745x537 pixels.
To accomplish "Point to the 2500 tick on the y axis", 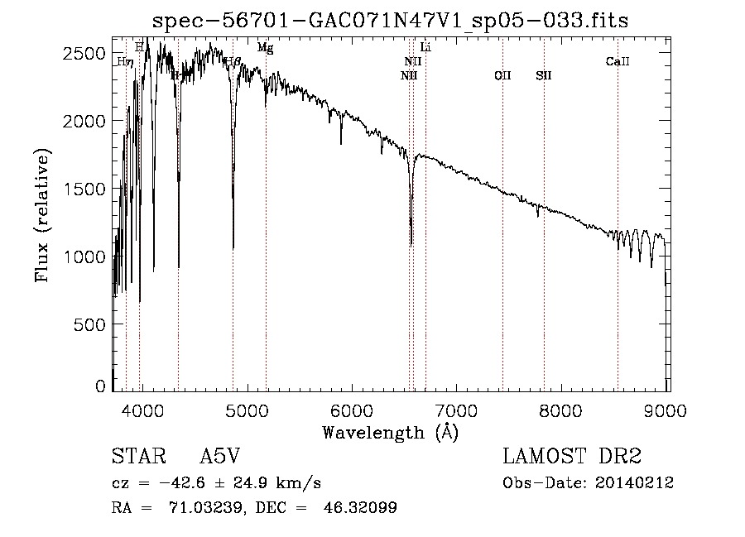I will click(85, 53).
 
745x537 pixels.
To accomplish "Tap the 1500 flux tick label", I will click(85, 189).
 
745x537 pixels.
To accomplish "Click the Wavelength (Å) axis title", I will click(390, 432).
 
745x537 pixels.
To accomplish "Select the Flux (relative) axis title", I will click(41, 215).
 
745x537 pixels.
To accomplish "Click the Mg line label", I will click(265, 48).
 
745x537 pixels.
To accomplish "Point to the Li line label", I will click(425, 47).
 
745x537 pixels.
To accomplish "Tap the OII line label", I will click(502, 75).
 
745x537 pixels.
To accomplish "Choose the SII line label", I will click(543, 75).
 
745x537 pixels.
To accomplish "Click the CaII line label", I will click(618, 61).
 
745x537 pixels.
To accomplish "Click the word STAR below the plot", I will click(133, 457).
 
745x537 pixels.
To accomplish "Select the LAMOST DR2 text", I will click(572, 457).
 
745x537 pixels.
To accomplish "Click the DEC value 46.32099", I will click(362, 507).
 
